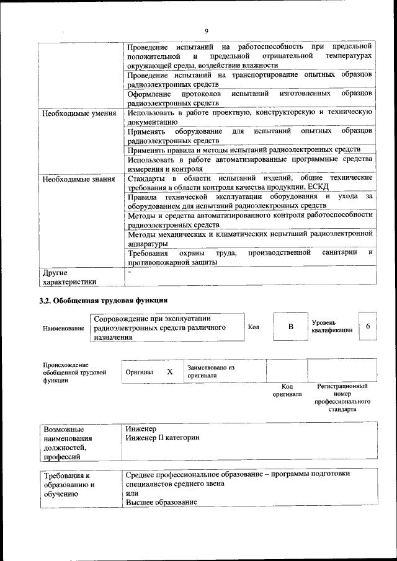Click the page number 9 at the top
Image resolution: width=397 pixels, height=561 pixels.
[x=207, y=32]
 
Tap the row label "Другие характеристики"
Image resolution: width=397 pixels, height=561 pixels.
[x=68, y=277]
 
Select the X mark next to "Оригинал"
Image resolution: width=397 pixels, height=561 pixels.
[x=169, y=372]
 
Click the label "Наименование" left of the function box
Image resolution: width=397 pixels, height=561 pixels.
[x=63, y=328]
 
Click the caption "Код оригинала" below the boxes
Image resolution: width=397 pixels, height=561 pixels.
[x=287, y=390]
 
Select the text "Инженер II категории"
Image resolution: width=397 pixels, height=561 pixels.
[x=162, y=438]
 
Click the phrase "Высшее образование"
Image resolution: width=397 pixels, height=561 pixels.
[x=157, y=501]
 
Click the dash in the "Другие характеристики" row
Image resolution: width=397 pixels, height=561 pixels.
[x=129, y=272]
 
